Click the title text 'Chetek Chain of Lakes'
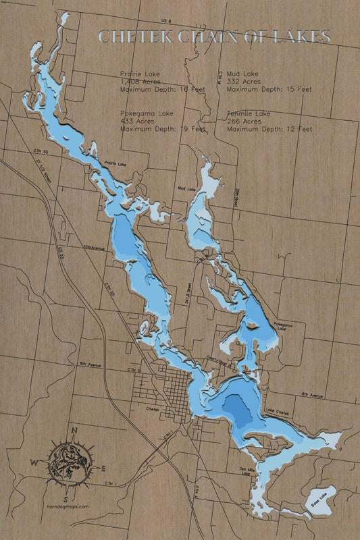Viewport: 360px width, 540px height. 215,36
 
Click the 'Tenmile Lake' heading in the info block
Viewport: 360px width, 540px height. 249,113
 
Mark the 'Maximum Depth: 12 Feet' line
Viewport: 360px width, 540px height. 269,128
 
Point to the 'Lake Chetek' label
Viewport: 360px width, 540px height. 277,411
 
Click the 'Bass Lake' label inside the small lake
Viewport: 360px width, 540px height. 318,499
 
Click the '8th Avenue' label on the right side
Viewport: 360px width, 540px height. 314,394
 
